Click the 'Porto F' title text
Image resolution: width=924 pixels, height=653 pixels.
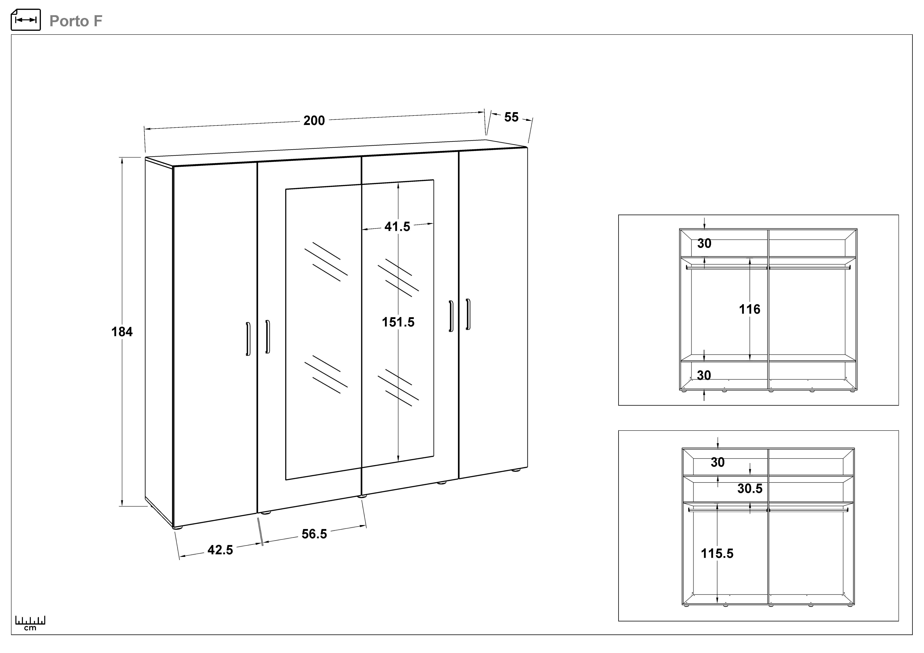point(76,21)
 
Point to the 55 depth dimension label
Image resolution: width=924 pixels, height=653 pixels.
point(511,117)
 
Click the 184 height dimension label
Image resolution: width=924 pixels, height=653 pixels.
point(122,332)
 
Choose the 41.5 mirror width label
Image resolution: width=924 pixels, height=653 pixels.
point(397,227)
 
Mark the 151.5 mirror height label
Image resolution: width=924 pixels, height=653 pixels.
point(398,322)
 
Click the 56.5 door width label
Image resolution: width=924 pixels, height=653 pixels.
point(314,534)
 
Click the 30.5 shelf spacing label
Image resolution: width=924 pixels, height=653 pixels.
point(750,489)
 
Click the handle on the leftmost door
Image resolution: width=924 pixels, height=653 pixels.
point(248,339)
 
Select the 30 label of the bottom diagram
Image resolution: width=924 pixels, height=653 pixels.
point(718,462)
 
